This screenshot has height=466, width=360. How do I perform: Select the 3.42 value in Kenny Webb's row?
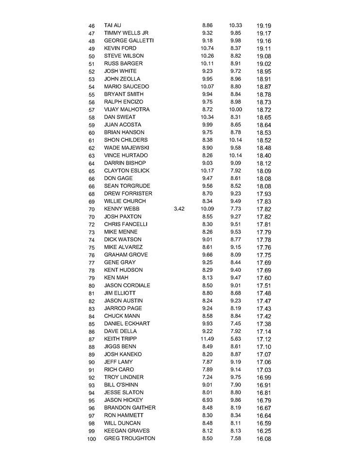click(179, 209)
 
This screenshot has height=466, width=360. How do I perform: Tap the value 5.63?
click(235, 339)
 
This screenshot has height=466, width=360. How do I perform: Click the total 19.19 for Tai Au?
click(263, 26)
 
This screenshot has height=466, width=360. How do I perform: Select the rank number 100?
click(92, 439)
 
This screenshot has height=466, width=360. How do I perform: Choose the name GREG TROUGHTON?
click(130, 438)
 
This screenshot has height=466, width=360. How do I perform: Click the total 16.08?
click(263, 439)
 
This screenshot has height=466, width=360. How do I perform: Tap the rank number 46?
click(92, 26)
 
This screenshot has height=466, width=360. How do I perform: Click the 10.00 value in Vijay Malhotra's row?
click(235, 110)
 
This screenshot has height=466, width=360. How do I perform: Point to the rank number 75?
click(92, 248)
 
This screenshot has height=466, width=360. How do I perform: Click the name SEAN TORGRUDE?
click(127, 186)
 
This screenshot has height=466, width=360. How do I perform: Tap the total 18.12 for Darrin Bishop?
click(263, 163)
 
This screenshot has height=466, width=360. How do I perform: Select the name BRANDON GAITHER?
click(130, 408)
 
